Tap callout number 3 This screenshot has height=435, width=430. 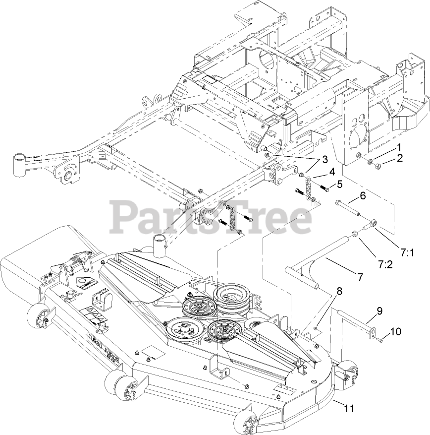pyautogui.click(x=324, y=159)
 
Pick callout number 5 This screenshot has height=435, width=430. pyautogui.click(x=339, y=184)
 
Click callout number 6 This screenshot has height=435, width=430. pyautogui.click(x=363, y=196)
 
